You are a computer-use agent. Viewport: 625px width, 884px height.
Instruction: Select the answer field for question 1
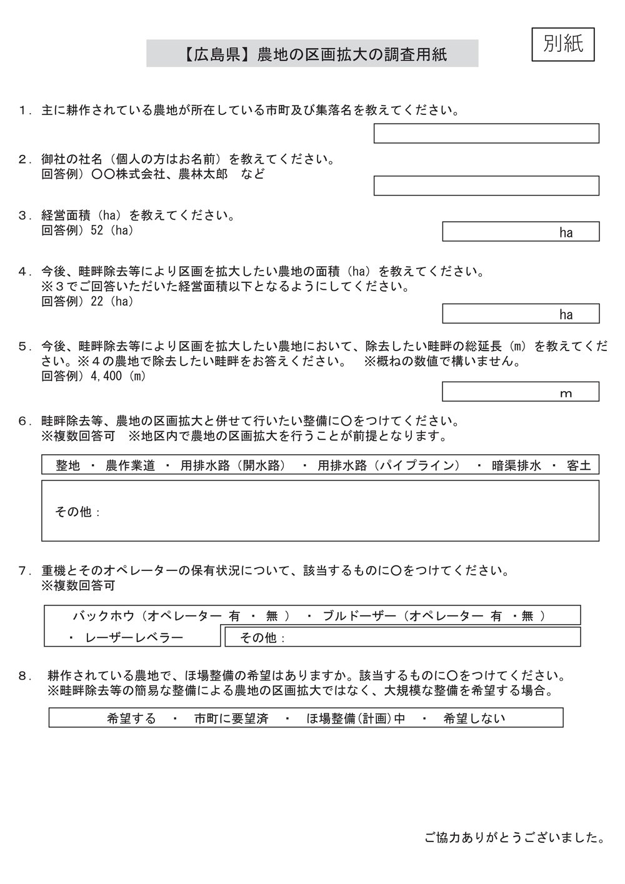pos(486,133)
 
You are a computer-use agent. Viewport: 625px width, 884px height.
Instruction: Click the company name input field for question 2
pos(486,186)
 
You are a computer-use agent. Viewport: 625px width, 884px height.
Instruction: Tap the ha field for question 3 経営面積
pos(520,232)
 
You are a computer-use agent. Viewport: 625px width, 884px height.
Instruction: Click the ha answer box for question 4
pos(520,314)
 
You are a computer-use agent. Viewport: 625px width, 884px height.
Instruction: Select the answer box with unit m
pos(520,392)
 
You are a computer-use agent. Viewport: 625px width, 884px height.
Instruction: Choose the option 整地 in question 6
pos(67,465)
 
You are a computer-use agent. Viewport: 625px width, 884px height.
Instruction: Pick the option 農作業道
pos(130,465)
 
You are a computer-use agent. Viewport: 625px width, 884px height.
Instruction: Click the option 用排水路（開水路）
pos(232,465)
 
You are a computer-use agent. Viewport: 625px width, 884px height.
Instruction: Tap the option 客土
pos(579,465)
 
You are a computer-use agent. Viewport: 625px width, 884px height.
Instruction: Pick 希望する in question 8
pos(131,718)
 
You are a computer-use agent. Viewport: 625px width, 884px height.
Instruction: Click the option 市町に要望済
pos(231,718)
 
